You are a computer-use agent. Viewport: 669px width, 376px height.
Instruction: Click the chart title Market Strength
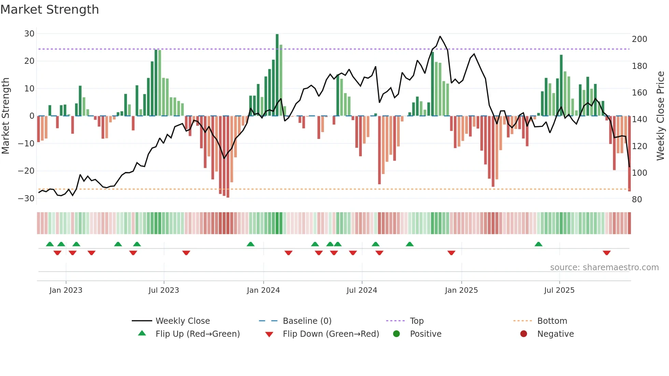49,10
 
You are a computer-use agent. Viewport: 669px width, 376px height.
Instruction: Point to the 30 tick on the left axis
29,34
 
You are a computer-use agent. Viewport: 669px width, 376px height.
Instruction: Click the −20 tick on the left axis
26,171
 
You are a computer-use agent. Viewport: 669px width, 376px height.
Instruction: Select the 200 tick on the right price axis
639,39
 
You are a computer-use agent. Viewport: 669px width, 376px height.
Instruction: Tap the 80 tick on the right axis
637,200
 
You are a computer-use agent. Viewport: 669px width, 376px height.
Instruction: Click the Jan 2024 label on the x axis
263,290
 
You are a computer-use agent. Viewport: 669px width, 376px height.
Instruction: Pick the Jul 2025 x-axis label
559,290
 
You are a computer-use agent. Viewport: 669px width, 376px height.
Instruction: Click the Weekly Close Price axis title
660,116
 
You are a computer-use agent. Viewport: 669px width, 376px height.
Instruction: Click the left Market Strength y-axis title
5,116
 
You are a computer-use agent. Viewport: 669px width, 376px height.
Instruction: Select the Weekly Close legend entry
183,321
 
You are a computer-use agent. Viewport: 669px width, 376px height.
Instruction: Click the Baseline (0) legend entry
307,321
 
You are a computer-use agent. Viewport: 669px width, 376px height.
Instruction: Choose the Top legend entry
416,321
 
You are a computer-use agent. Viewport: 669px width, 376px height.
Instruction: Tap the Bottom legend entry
552,321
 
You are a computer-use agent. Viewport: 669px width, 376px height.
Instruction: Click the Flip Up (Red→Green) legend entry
198,334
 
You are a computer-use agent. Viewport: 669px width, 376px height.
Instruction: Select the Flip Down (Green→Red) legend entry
331,334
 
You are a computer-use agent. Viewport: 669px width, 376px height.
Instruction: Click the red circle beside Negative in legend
524,334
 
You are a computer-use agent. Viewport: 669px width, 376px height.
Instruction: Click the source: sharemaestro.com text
604,267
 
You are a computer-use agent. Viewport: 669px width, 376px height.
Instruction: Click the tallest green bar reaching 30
277,75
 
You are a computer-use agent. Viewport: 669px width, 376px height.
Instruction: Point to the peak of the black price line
440,37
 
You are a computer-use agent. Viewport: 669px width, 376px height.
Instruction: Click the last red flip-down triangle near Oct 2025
607,253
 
